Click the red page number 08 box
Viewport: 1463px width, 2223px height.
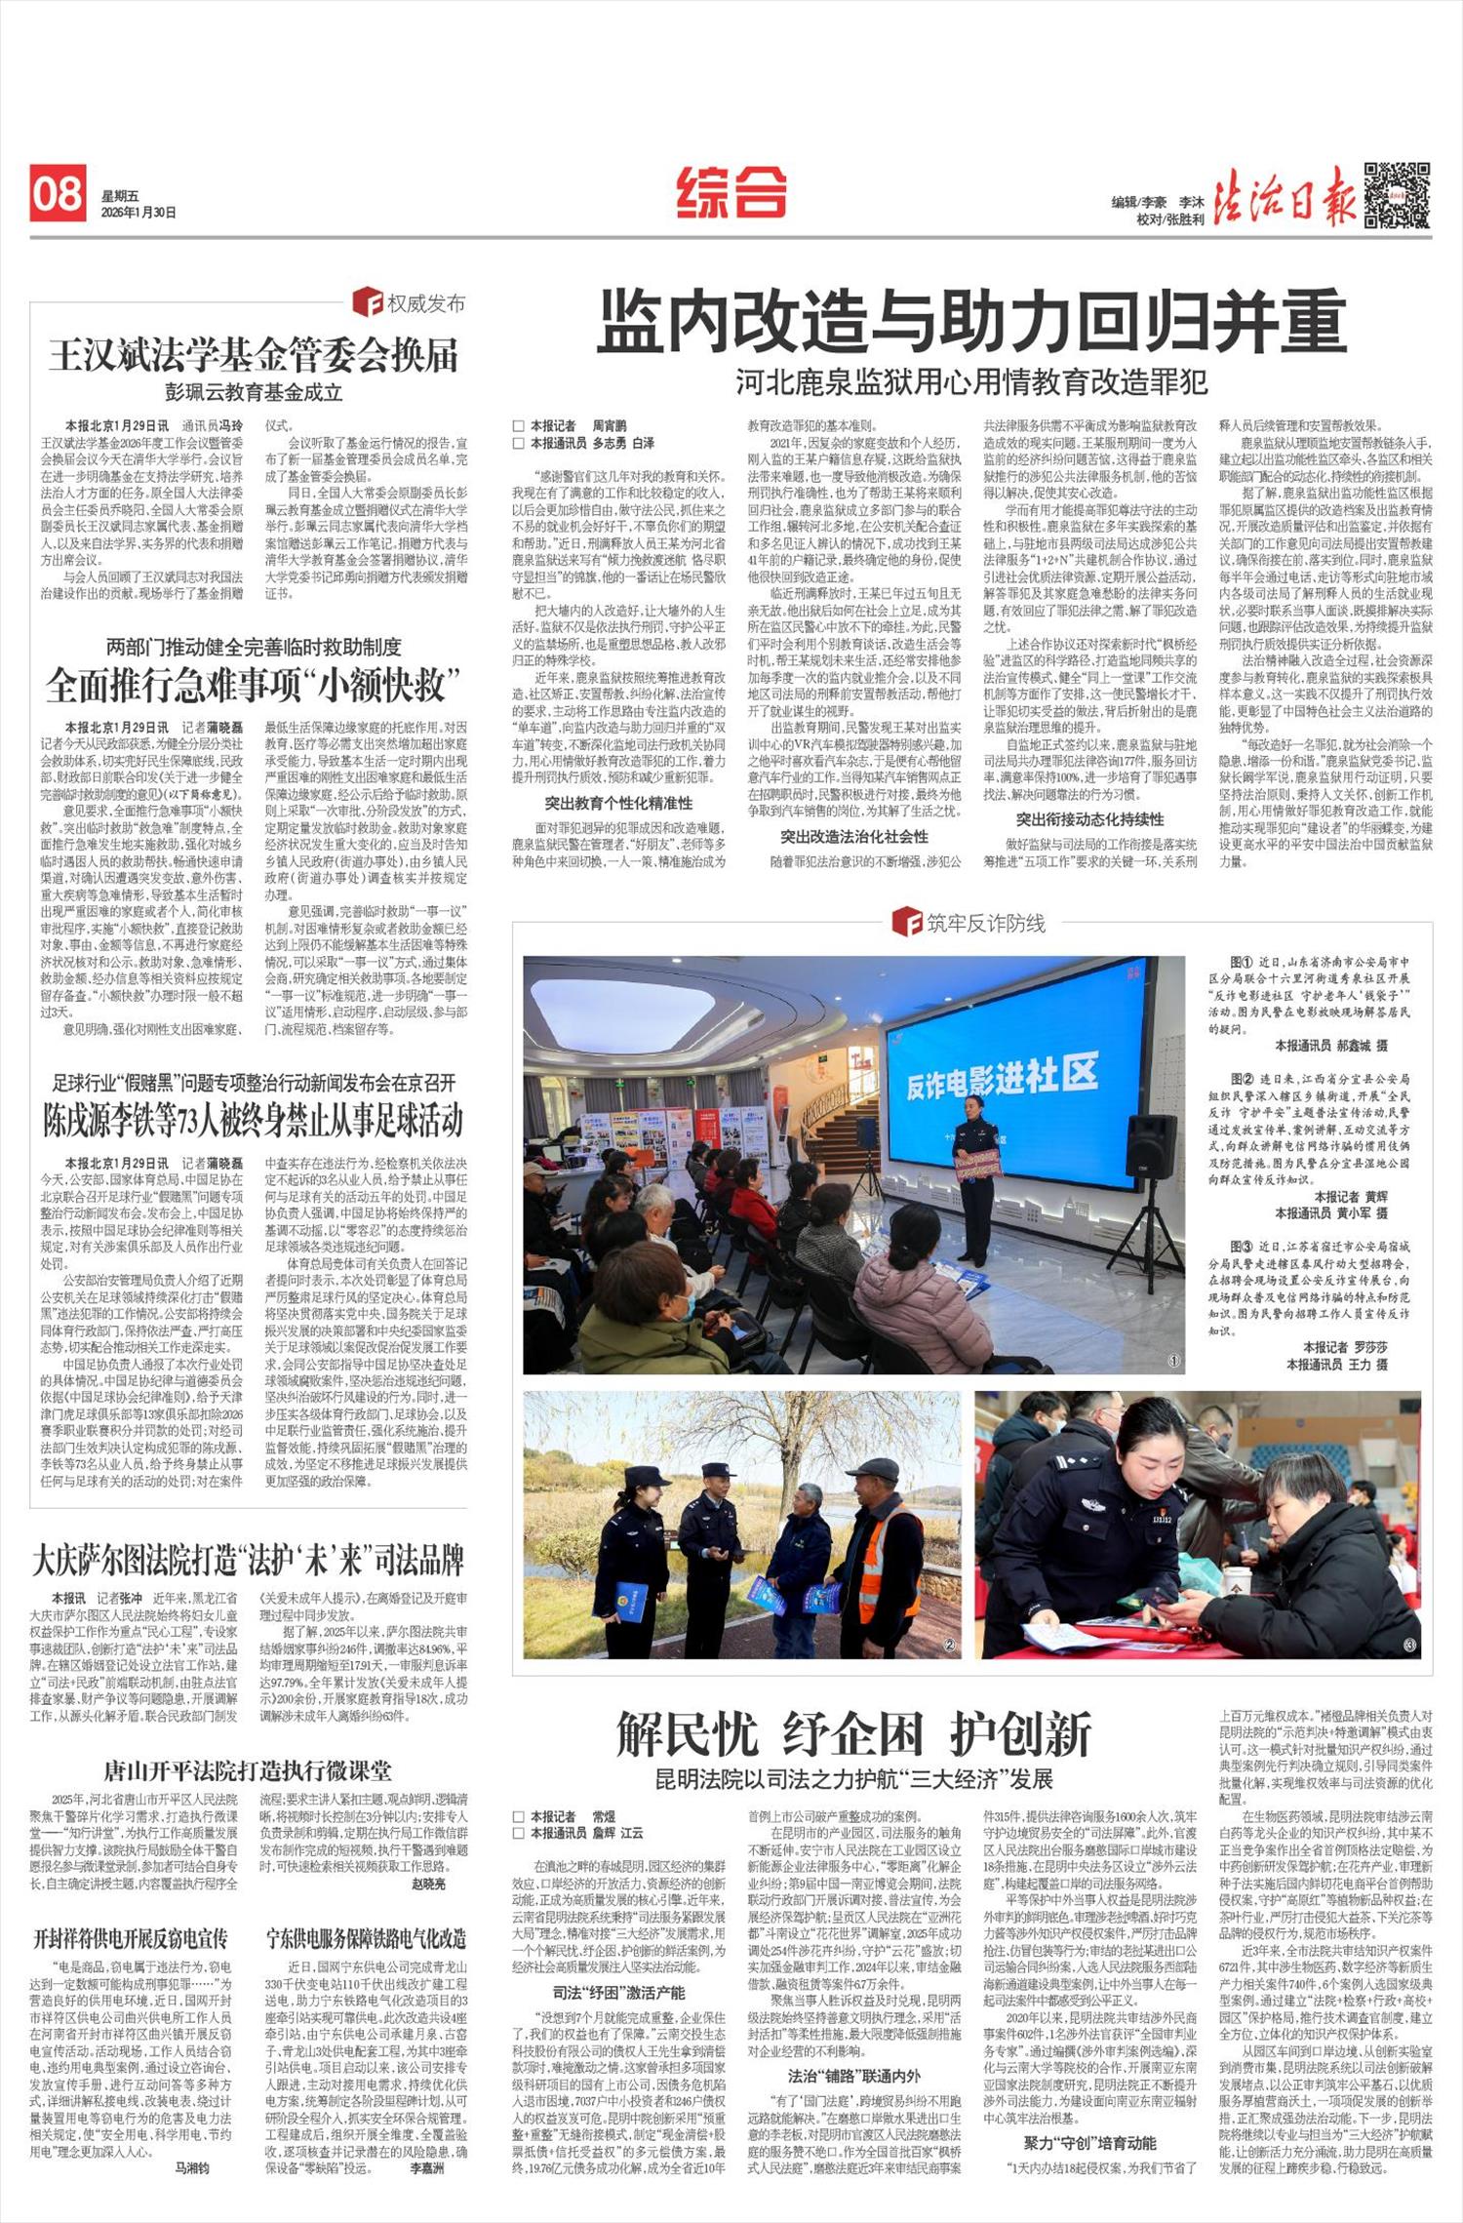pos(59,194)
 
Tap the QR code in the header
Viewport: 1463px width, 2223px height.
pos(1397,194)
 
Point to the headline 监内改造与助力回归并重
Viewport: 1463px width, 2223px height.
pos(971,323)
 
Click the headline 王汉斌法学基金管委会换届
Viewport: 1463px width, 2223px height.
pos(254,357)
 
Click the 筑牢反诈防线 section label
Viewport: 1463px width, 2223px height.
pos(971,923)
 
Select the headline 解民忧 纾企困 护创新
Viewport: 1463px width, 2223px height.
pos(854,1733)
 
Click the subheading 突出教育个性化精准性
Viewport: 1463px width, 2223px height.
pos(618,804)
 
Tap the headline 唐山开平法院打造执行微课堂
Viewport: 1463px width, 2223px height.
pos(248,1770)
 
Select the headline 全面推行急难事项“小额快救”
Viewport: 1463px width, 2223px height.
pos(253,687)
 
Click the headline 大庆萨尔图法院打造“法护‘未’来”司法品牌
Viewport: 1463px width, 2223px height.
pos(248,1560)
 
